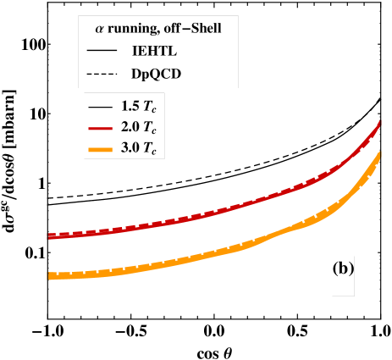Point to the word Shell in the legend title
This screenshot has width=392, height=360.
[207, 28]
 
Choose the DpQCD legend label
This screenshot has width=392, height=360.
[156, 75]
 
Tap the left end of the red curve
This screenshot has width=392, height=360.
[50, 237]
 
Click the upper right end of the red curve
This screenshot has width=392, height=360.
[379, 124]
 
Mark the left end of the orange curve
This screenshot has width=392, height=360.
[50, 275]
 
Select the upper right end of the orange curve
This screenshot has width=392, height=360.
[378, 153]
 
